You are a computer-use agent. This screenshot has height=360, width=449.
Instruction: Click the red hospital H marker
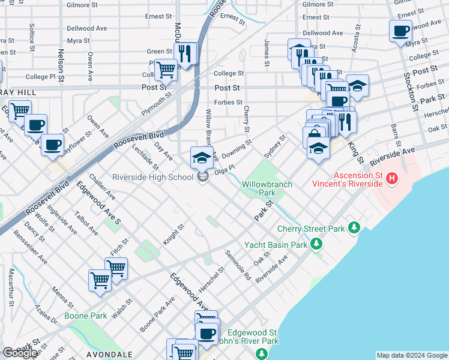click(x=392, y=178)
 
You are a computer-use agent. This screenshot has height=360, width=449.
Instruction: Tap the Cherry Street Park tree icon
click(x=354, y=228)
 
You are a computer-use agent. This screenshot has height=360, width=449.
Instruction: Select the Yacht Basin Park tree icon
click(x=316, y=244)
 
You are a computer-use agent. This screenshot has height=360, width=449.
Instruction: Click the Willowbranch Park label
click(x=267, y=188)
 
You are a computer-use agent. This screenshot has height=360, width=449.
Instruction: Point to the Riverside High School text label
click(x=152, y=177)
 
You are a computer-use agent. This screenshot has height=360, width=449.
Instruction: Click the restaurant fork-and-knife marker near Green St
click(x=185, y=53)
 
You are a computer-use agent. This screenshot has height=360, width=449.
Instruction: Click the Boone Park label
click(x=86, y=316)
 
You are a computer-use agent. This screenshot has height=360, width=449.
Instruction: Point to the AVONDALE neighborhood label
click(x=109, y=355)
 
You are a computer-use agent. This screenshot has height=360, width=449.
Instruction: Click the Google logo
click(x=20, y=353)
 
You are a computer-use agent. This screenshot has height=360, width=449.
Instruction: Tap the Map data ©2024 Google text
click(x=412, y=355)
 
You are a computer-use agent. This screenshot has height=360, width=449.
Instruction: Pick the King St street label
click(x=355, y=152)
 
